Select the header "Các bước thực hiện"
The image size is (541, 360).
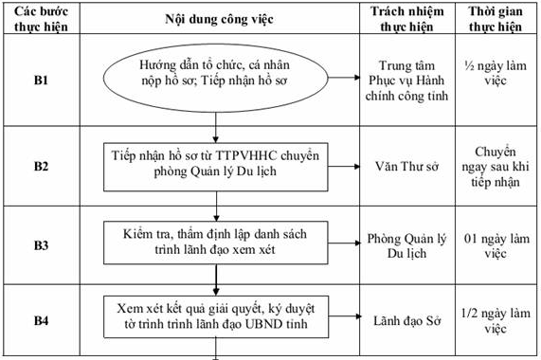click(x=33, y=19)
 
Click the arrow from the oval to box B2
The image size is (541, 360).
click(x=217, y=125)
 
